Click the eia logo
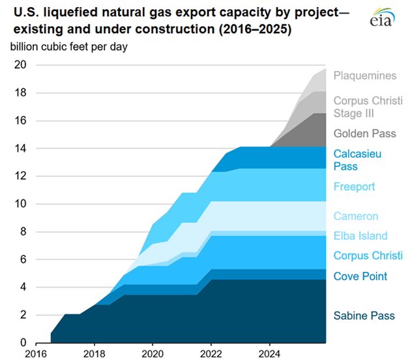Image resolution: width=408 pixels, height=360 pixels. pyautogui.click(x=383, y=19)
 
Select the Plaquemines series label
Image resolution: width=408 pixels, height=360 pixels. pyautogui.click(x=364, y=76)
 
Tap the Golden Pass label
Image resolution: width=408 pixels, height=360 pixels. pyautogui.click(x=364, y=133)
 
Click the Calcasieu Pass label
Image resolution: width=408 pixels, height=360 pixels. pyautogui.click(x=357, y=160)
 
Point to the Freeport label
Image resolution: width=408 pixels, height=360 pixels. pyautogui.click(x=354, y=187)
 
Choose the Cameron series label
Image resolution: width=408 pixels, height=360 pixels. pyautogui.click(x=355, y=216)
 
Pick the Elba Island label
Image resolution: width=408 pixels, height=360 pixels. pyautogui.click(x=360, y=236)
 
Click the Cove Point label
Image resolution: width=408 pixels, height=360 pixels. pyautogui.click(x=360, y=276)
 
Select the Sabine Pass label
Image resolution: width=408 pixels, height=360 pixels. pyautogui.click(x=364, y=316)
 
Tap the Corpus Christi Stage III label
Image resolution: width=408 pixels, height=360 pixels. pyautogui.click(x=368, y=107)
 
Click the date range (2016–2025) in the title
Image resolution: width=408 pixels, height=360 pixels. pyautogui.click(x=254, y=29)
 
